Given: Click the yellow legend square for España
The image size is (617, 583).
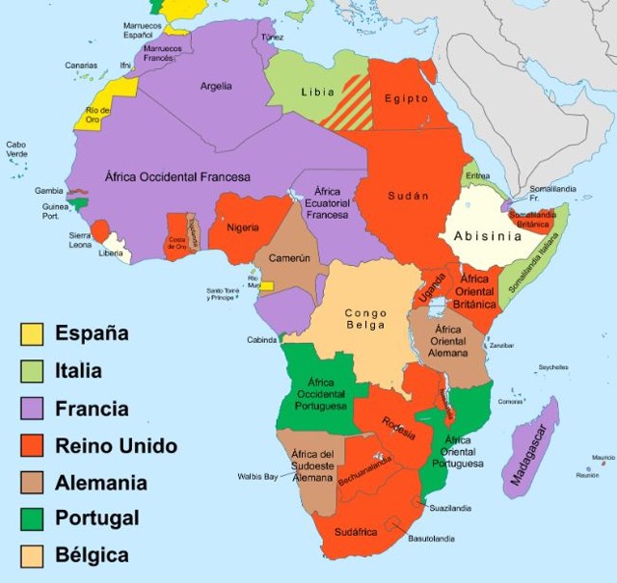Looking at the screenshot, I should [32, 333].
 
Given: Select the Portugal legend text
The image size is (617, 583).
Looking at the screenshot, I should [96, 518].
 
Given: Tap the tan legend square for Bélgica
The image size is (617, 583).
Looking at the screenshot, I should [32, 556].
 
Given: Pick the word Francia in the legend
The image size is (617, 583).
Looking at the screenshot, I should [92, 409].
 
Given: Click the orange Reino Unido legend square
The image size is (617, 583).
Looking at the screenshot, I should [32, 445].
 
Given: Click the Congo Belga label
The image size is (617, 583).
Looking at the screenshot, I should [365, 319].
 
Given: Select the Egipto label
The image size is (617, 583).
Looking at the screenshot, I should [406, 98].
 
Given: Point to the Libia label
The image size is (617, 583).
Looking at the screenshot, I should [317, 93].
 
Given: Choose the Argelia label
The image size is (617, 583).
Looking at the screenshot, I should [216, 87].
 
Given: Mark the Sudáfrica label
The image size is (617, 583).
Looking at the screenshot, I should [357, 531].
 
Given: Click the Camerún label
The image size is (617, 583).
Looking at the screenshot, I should [288, 258].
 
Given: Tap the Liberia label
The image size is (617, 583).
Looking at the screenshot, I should [112, 253].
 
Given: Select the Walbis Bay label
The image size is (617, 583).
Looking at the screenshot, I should [257, 476].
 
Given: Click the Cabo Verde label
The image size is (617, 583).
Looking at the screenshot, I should [16, 149].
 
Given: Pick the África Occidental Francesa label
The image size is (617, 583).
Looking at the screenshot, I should [175, 176].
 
